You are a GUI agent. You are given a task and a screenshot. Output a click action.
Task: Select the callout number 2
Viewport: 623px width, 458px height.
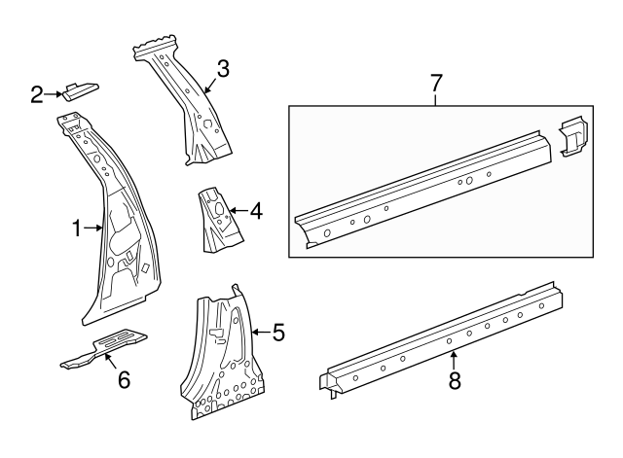(36, 94)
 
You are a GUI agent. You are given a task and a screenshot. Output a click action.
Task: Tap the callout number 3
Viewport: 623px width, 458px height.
(223, 69)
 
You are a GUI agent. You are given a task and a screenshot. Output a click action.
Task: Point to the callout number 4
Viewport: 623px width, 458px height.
(256, 210)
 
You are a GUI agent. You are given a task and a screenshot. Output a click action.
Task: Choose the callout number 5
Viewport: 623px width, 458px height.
(278, 334)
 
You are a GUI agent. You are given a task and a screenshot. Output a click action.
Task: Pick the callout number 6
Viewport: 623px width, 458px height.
(124, 379)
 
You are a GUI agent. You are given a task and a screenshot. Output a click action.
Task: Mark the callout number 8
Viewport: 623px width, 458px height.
(454, 381)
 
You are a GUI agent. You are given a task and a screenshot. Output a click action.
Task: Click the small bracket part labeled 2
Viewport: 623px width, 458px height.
(81, 90)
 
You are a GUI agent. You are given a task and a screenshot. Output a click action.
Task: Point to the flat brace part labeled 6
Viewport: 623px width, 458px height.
(105, 347)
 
